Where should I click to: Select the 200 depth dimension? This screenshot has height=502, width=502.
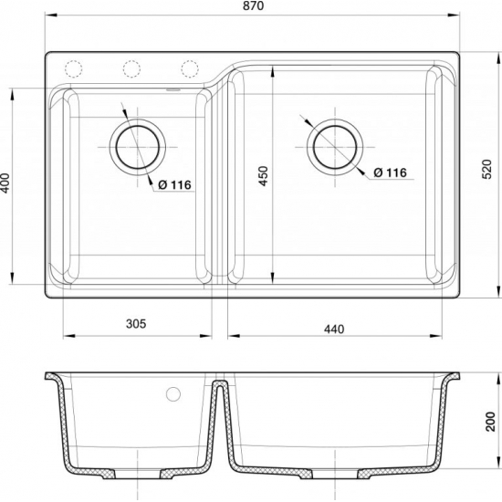(492, 421)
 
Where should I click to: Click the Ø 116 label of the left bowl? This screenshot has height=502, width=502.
(173, 185)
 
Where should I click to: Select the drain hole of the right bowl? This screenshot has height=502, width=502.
(335, 145)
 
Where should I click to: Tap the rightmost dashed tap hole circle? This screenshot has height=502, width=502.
(190, 69)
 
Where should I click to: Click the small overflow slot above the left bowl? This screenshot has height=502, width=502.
(173, 89)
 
